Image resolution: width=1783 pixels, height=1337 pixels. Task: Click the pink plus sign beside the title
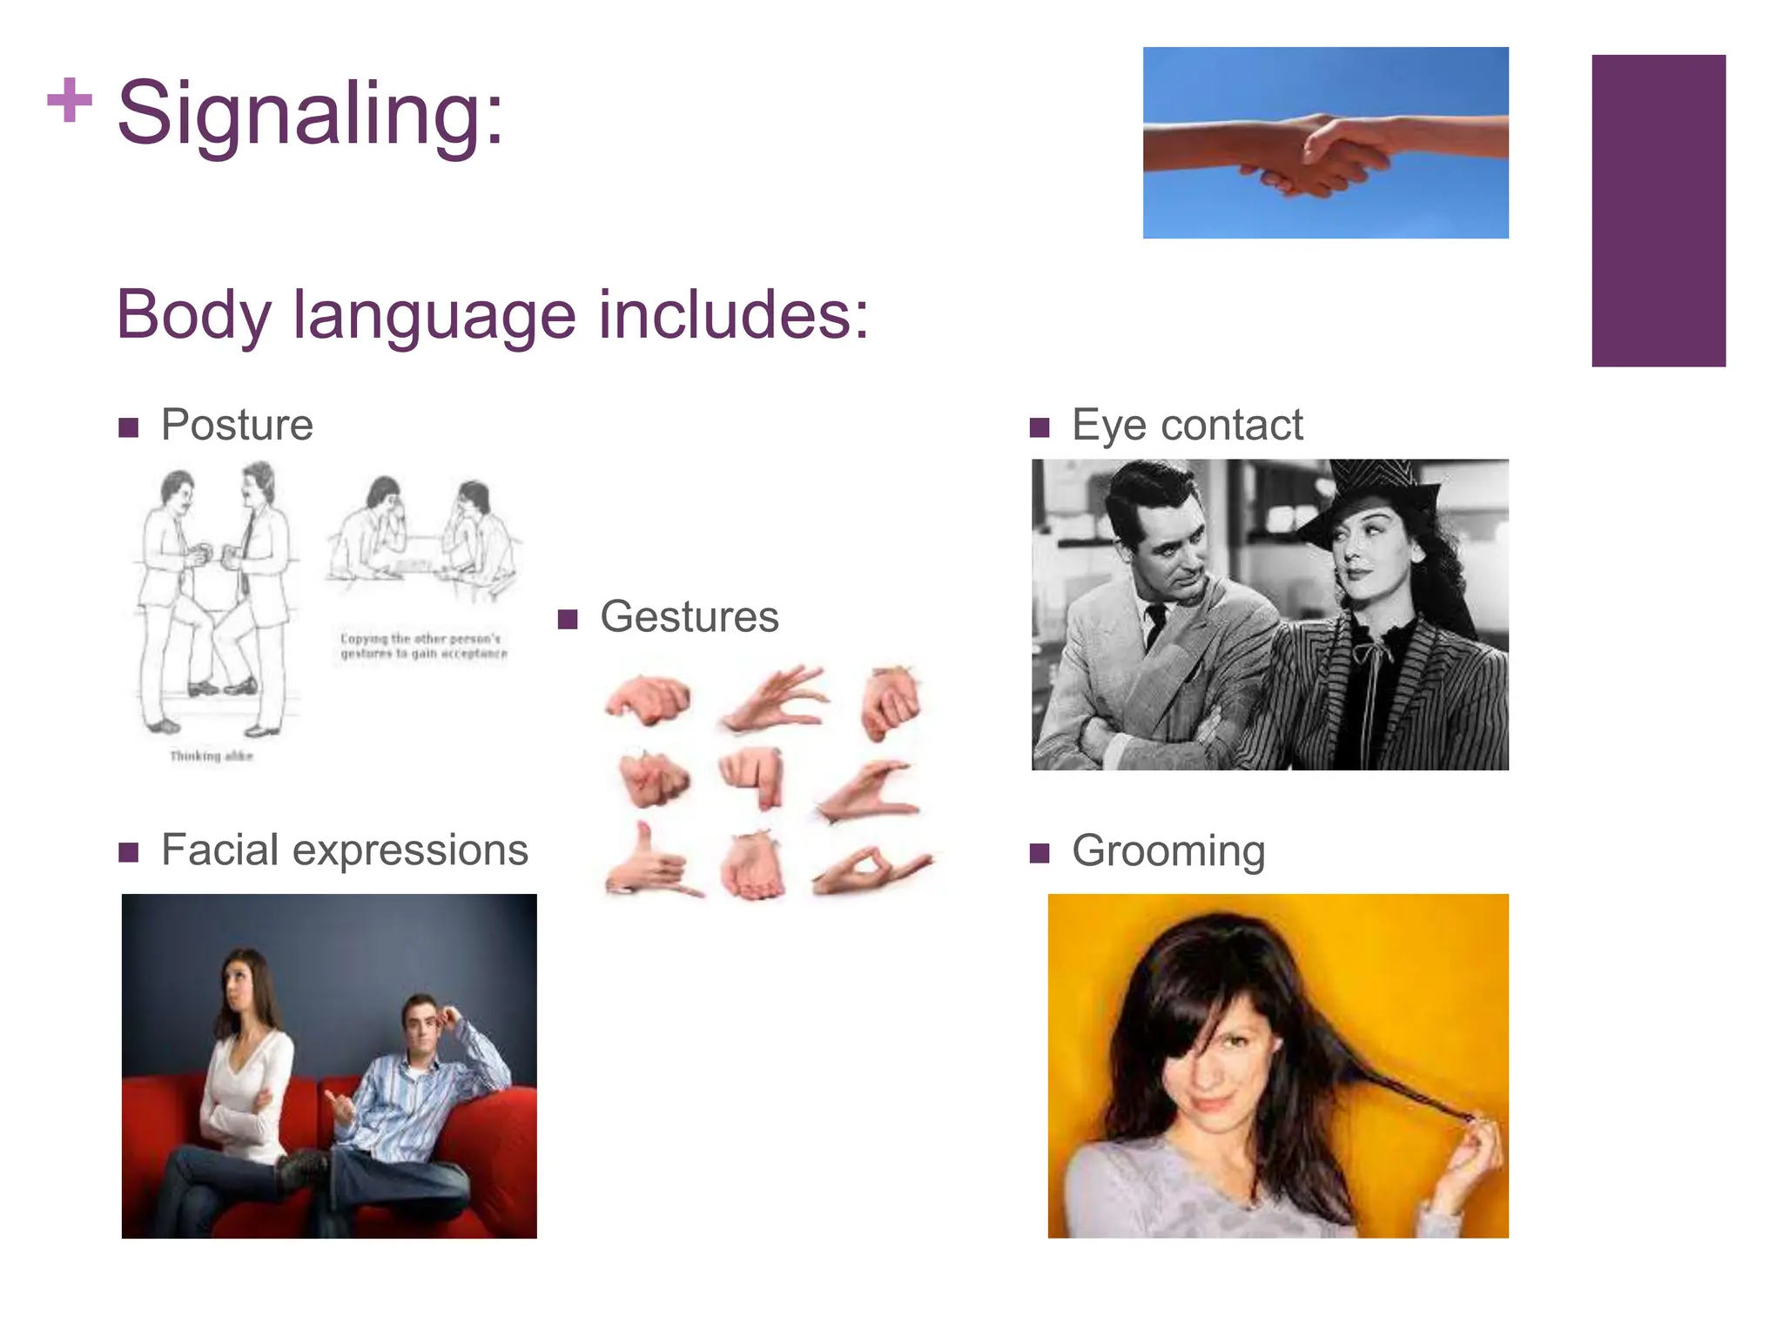pos(69,100)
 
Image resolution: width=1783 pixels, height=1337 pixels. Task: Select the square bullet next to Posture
pos(129,427)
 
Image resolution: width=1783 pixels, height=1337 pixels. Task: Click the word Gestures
pos(689,617)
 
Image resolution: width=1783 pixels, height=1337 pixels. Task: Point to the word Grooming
pos(1167,851)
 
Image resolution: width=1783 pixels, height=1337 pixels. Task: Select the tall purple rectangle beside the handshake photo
pos(1658,211)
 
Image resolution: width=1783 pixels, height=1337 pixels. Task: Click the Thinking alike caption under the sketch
pos(211,756)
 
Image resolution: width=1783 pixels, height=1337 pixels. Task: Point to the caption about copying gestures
pos(423,646)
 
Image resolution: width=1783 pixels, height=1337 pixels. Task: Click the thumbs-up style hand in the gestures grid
pos(649,862)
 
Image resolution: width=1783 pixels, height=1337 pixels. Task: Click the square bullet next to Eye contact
pos(1039,427)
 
